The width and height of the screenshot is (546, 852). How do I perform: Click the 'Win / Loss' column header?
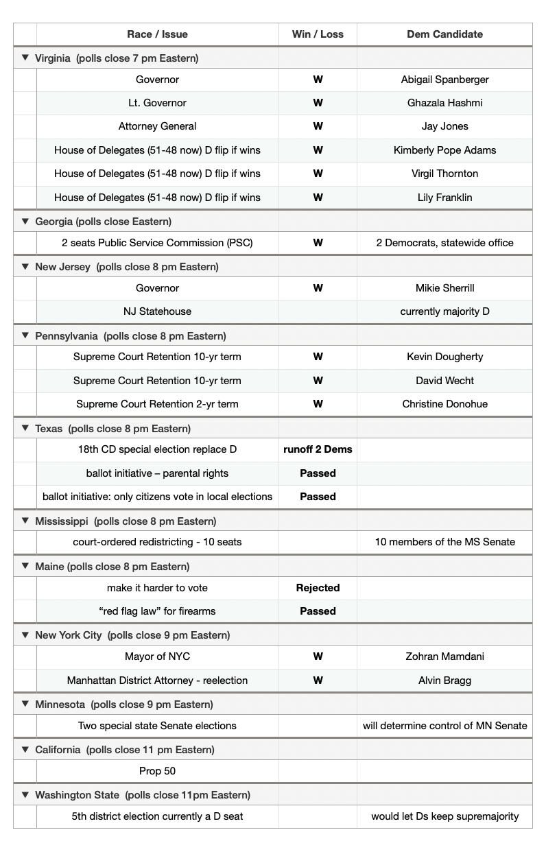(x=318, y=34)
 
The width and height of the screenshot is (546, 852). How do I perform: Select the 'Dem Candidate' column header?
(x=444, y=34)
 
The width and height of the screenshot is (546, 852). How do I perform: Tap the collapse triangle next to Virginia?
(x=25, y=58)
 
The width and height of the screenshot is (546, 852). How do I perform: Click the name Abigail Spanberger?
(x=444, y=80)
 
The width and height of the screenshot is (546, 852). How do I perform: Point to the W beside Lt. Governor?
(x=318, y=103)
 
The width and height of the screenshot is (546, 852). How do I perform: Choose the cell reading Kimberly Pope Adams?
(x=444, y=150)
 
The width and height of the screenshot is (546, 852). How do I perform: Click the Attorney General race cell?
(x=157, y=126)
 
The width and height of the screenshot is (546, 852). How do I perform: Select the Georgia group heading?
(x=103, y=222)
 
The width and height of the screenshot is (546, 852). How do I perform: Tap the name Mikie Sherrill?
(x=444, y=288)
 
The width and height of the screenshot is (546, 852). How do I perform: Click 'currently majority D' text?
(x=444, y=311)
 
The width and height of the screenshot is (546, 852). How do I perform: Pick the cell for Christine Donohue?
(x=444, y=404)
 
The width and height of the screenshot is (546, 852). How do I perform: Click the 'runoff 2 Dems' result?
(x=318, y=449)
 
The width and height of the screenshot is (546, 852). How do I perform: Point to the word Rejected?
(x=318, y=588)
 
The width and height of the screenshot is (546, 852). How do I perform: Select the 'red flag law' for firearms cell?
(x=157, y=611)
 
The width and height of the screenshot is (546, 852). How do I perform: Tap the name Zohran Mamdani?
(x=444, y=656)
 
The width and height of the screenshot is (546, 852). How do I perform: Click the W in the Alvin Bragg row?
(x=318, y=681)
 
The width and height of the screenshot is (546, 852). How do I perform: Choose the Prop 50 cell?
(x=157, y=771)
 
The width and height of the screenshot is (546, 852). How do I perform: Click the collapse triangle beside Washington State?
(x=25, y=794)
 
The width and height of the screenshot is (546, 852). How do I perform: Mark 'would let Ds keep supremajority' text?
(x=444, y=816)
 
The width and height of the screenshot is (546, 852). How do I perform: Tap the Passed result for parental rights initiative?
(x=318, y=473)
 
